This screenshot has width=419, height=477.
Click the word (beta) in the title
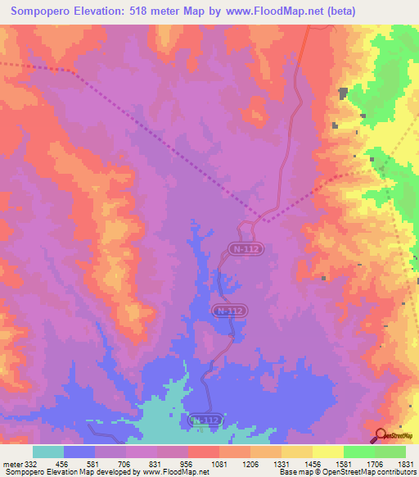388,11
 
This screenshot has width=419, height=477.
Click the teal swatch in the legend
47,452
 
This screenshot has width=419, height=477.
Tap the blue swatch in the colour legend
79,452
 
